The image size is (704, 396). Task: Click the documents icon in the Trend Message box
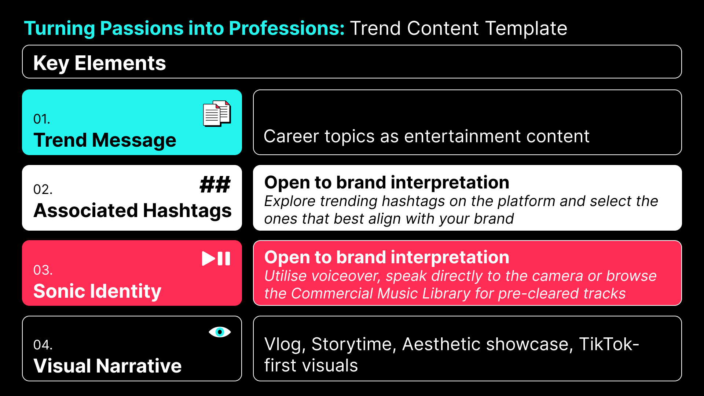pos(217,114)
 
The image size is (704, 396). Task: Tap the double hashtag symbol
pos(215,184)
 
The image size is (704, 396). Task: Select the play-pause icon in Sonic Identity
pos(216,258)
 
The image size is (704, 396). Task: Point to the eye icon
pos(220,332)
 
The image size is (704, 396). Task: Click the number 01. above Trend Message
pos(41,119)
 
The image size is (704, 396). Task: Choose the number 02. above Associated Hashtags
pos(43,190)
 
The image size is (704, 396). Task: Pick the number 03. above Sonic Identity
pos(43,270)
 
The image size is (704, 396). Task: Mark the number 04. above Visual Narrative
pos(43,345)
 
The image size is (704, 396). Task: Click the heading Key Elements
pos(99,63)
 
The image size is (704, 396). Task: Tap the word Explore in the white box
pos(290,201)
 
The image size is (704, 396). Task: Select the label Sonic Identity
pos(97,291)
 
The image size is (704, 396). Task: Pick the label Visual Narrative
pos(107,366)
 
